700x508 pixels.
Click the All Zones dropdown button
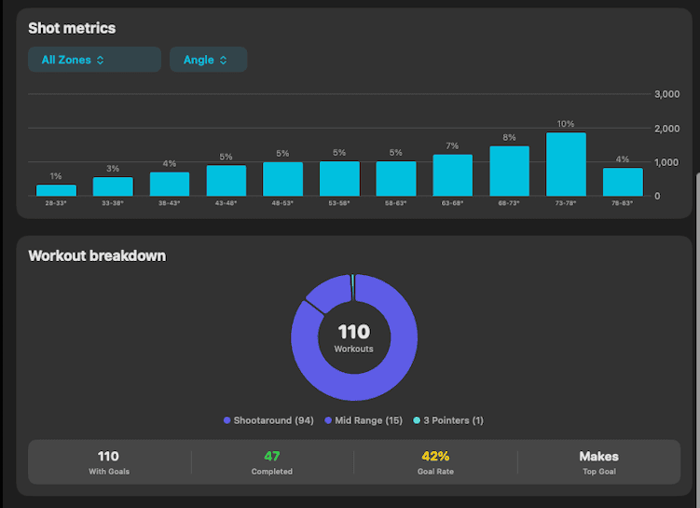tap(94, 60)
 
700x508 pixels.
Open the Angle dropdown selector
tap(208, 60)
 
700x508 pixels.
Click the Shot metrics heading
tap(72, 29)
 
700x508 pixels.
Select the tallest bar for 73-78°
tap(566, 164)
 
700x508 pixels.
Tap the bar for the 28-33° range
tap(56, 190)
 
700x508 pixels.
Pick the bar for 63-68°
tap(452, 175)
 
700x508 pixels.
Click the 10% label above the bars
tap(566, 124)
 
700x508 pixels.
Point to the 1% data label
tap(56, 176)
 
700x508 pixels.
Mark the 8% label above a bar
tap(509, 138)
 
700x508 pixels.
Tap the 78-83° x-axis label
tap(622, 202)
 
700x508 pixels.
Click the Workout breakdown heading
tap(97, 255)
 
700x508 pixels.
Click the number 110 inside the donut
tap(353, 332)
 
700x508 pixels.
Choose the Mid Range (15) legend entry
tap(364, 420)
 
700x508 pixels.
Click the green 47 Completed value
tap(272, 457)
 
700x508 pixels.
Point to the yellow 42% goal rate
tap(435, 457)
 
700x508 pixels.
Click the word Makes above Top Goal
tap(598, 457)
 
